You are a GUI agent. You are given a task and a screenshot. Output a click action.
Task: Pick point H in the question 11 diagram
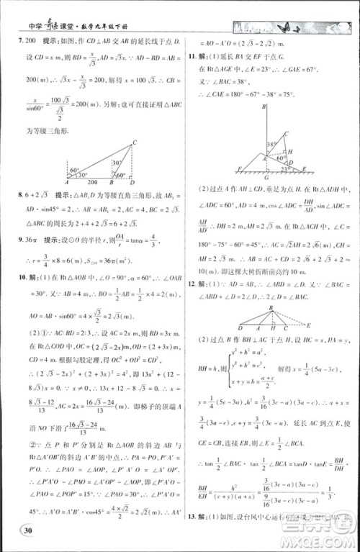289,151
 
